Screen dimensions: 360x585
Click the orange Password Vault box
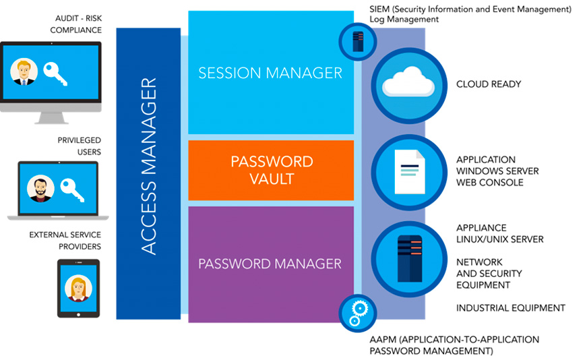point(271,170)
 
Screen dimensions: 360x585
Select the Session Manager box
point(270,73)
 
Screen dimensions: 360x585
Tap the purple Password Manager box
point(270,263)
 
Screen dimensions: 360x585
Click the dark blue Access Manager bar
point(149,173)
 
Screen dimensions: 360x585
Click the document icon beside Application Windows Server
point(408,171)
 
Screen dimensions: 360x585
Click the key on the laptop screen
point(71,189)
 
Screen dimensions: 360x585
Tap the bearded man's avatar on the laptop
point(40,189)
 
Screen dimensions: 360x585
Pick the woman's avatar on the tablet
point(78,289)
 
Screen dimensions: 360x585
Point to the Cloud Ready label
point(489,84)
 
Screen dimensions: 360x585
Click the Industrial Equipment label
point(510,308)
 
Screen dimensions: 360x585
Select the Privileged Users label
point(79,146)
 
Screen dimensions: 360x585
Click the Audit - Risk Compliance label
point(75,25)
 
